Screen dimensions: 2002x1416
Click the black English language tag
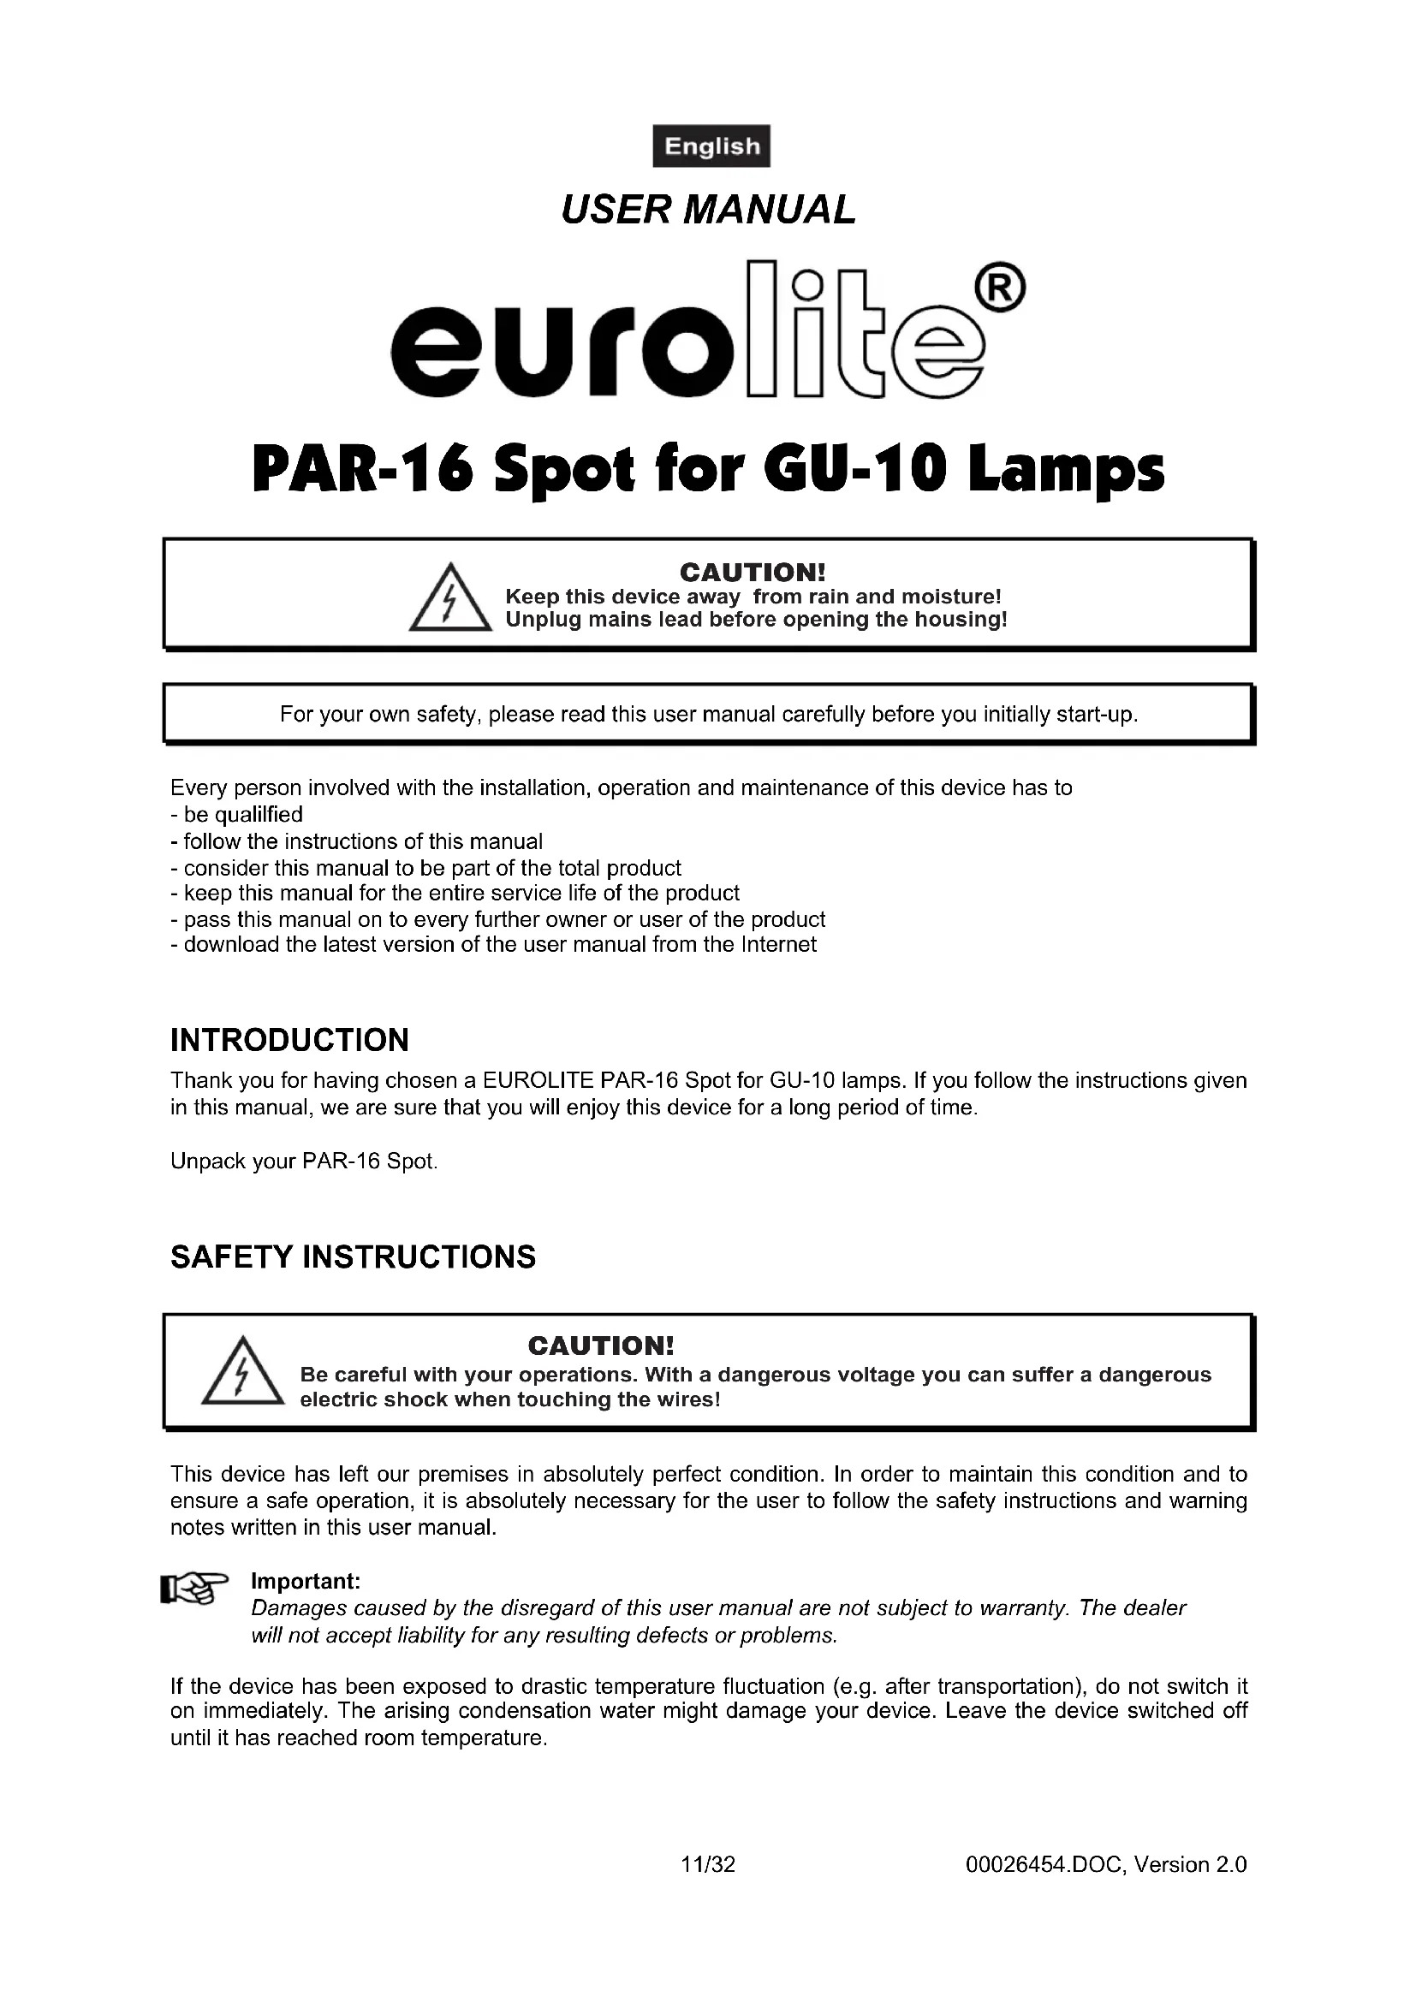pyautogui.click(x=711, y=146)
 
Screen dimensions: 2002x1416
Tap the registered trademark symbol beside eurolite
pyautogui.click(x=1003, y=288)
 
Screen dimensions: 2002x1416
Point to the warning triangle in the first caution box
pyautogui.click(x=449, y=599)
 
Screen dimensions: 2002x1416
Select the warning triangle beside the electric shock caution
pyautogui.click(x=242, y=1372)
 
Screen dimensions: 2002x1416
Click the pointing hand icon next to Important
pyautogui.click(x=194, y=1589)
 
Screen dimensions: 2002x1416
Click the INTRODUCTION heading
pyautogui.click(x=289, y=1040)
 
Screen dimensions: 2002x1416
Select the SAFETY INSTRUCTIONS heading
pyautogui.click(x=353, y=1256)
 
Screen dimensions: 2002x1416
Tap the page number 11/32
pyautogui.click(x=708, y=1864)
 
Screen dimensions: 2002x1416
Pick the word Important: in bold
pyautogui.click(x=305, y=1582)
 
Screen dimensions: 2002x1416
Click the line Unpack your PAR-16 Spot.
pyautogui.click(x=303, y=1161)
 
